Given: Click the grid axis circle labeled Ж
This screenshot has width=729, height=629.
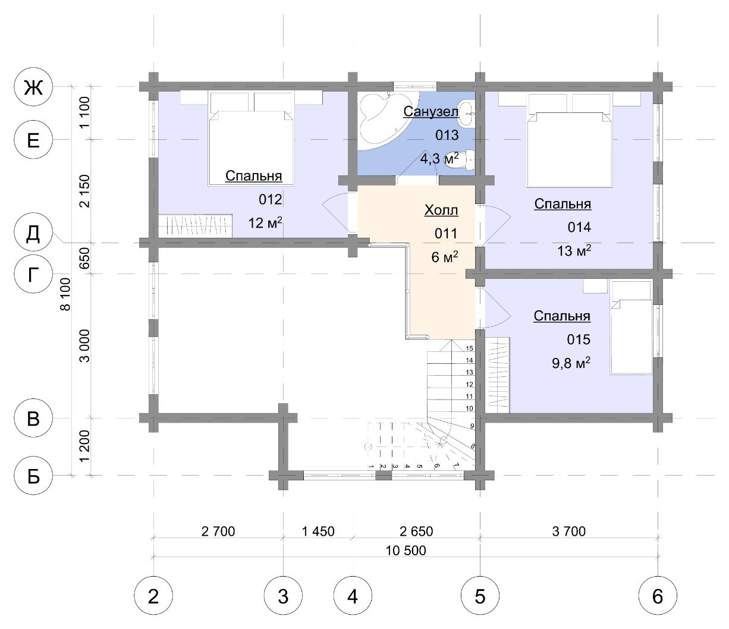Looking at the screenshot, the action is click(33, 87).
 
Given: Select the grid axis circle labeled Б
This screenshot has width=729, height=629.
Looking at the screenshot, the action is click(33, 476).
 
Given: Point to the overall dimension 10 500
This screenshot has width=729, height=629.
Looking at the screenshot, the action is click(406, 551).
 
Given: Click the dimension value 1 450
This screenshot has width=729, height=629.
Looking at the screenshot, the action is click(318, 531).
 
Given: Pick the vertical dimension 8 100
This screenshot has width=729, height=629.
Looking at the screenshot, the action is click(65, 294).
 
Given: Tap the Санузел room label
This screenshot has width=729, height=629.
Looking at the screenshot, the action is click(431, 111).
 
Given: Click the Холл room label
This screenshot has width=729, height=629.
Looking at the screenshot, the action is click(441, 210).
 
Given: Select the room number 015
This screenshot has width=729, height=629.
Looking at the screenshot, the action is click(579, 339).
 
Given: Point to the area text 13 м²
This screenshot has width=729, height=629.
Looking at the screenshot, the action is click(574, 251).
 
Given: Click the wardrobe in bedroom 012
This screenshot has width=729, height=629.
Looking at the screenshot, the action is click(195, 226).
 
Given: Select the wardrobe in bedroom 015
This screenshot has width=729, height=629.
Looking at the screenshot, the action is click(497, 375).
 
